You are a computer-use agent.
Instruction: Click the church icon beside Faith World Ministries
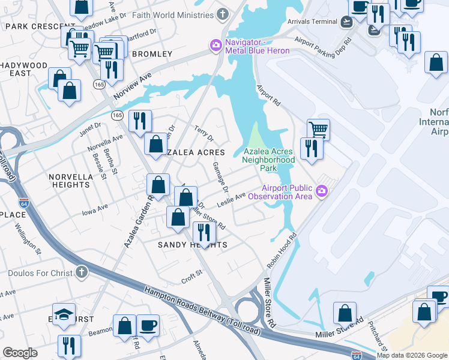tap(223, 13)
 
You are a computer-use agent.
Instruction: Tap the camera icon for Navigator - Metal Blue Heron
tap(215, 45)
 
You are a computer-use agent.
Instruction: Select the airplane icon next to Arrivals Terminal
tap(346, 22)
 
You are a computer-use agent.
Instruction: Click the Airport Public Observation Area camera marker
tap(322, 191)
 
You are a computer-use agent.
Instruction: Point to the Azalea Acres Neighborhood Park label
tap(269, 160)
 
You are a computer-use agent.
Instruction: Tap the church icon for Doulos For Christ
tap(82, 273)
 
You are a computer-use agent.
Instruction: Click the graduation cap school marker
tap(63, 314)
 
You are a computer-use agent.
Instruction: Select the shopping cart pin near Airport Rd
tap(318, 128)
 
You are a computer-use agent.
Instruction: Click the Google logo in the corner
tap(20, 353)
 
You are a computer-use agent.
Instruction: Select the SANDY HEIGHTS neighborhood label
tap(192, 245)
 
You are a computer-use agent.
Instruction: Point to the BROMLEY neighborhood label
tap(152, 54)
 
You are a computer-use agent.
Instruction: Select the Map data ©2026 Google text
tap(412, 355)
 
